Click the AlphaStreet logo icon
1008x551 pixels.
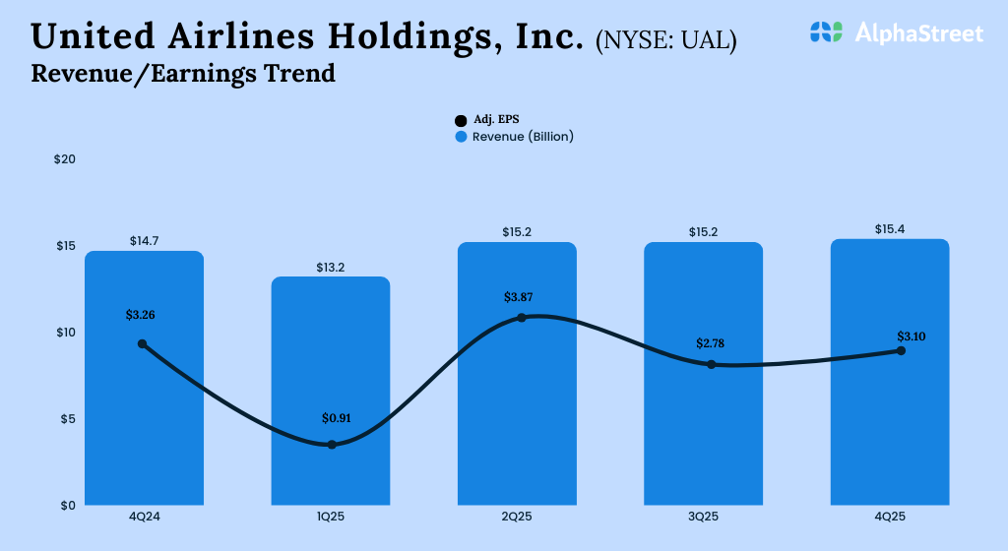coord(827,32)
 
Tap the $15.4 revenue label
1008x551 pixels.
coord(890,229)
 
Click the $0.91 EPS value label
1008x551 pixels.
coord(337,418)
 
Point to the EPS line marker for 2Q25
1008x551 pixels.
coord(522,318)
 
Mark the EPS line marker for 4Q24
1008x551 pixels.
coord(143,344)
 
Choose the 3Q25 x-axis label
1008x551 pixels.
coord(703,517)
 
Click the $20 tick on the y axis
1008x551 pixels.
coord(64,159)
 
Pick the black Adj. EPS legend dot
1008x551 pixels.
coord(461,120)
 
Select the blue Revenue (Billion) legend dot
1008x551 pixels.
coord(461,137)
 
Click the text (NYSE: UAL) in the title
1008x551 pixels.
coord(665,41)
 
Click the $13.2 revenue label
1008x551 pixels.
coord(330,267)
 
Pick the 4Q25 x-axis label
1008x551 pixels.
coord(889,517)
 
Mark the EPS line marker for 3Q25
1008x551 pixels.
coord(711,365)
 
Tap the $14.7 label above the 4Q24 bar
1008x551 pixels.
coord(145,241)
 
